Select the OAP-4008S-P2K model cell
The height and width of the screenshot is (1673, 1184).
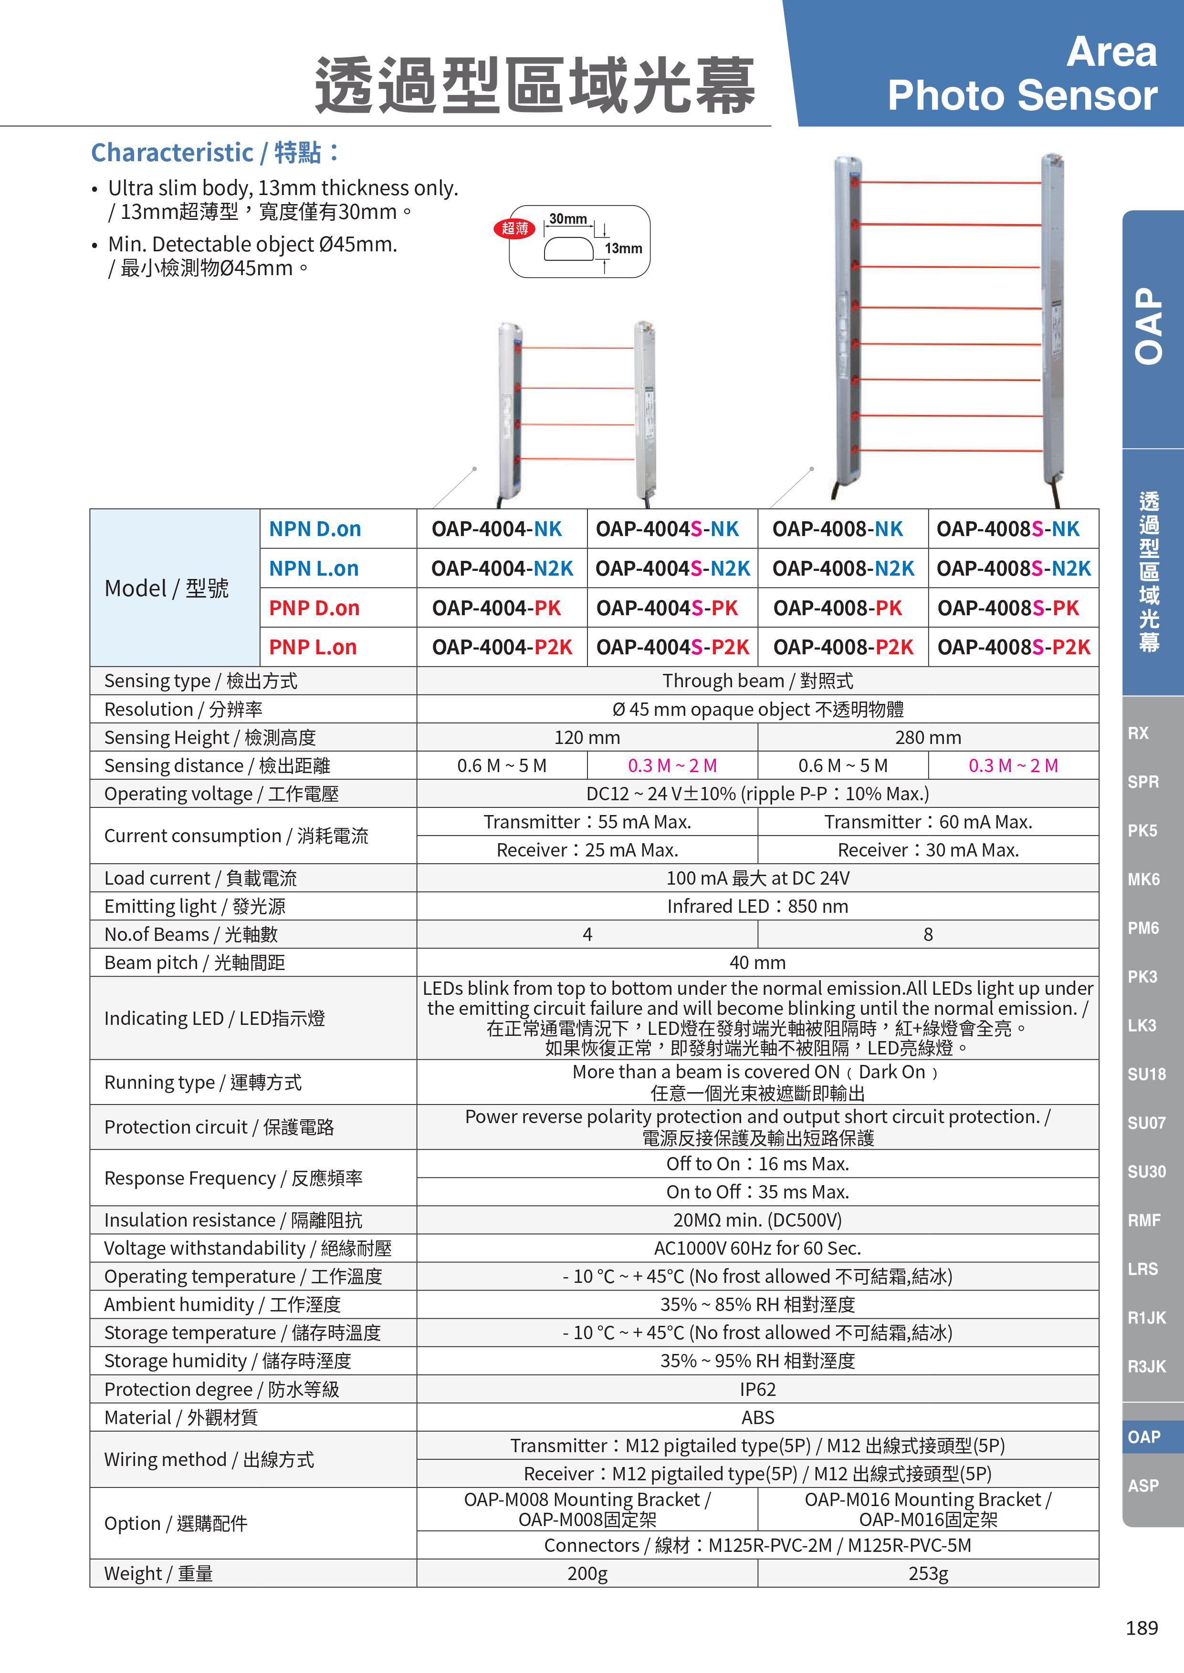tap(1014, 647)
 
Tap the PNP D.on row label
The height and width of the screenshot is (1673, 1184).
tap(314, 608)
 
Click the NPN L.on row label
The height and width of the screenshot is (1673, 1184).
tap(314, 568)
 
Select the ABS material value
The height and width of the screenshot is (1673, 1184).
tap(757, 1417)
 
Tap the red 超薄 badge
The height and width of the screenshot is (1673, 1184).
tap(515, 228)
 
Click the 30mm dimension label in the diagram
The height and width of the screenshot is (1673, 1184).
tap(568, 218)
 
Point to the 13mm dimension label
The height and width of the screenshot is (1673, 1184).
tap(623, 248)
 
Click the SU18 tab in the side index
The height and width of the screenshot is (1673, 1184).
tap(1146, 1074)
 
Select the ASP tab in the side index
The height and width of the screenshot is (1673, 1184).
tap(1142, 1486)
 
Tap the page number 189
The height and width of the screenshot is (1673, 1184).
tap(1141, 1628)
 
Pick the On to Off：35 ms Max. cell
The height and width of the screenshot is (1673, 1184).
tap(757, 1192)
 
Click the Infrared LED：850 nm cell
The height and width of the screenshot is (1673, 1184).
tap(757, 907)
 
